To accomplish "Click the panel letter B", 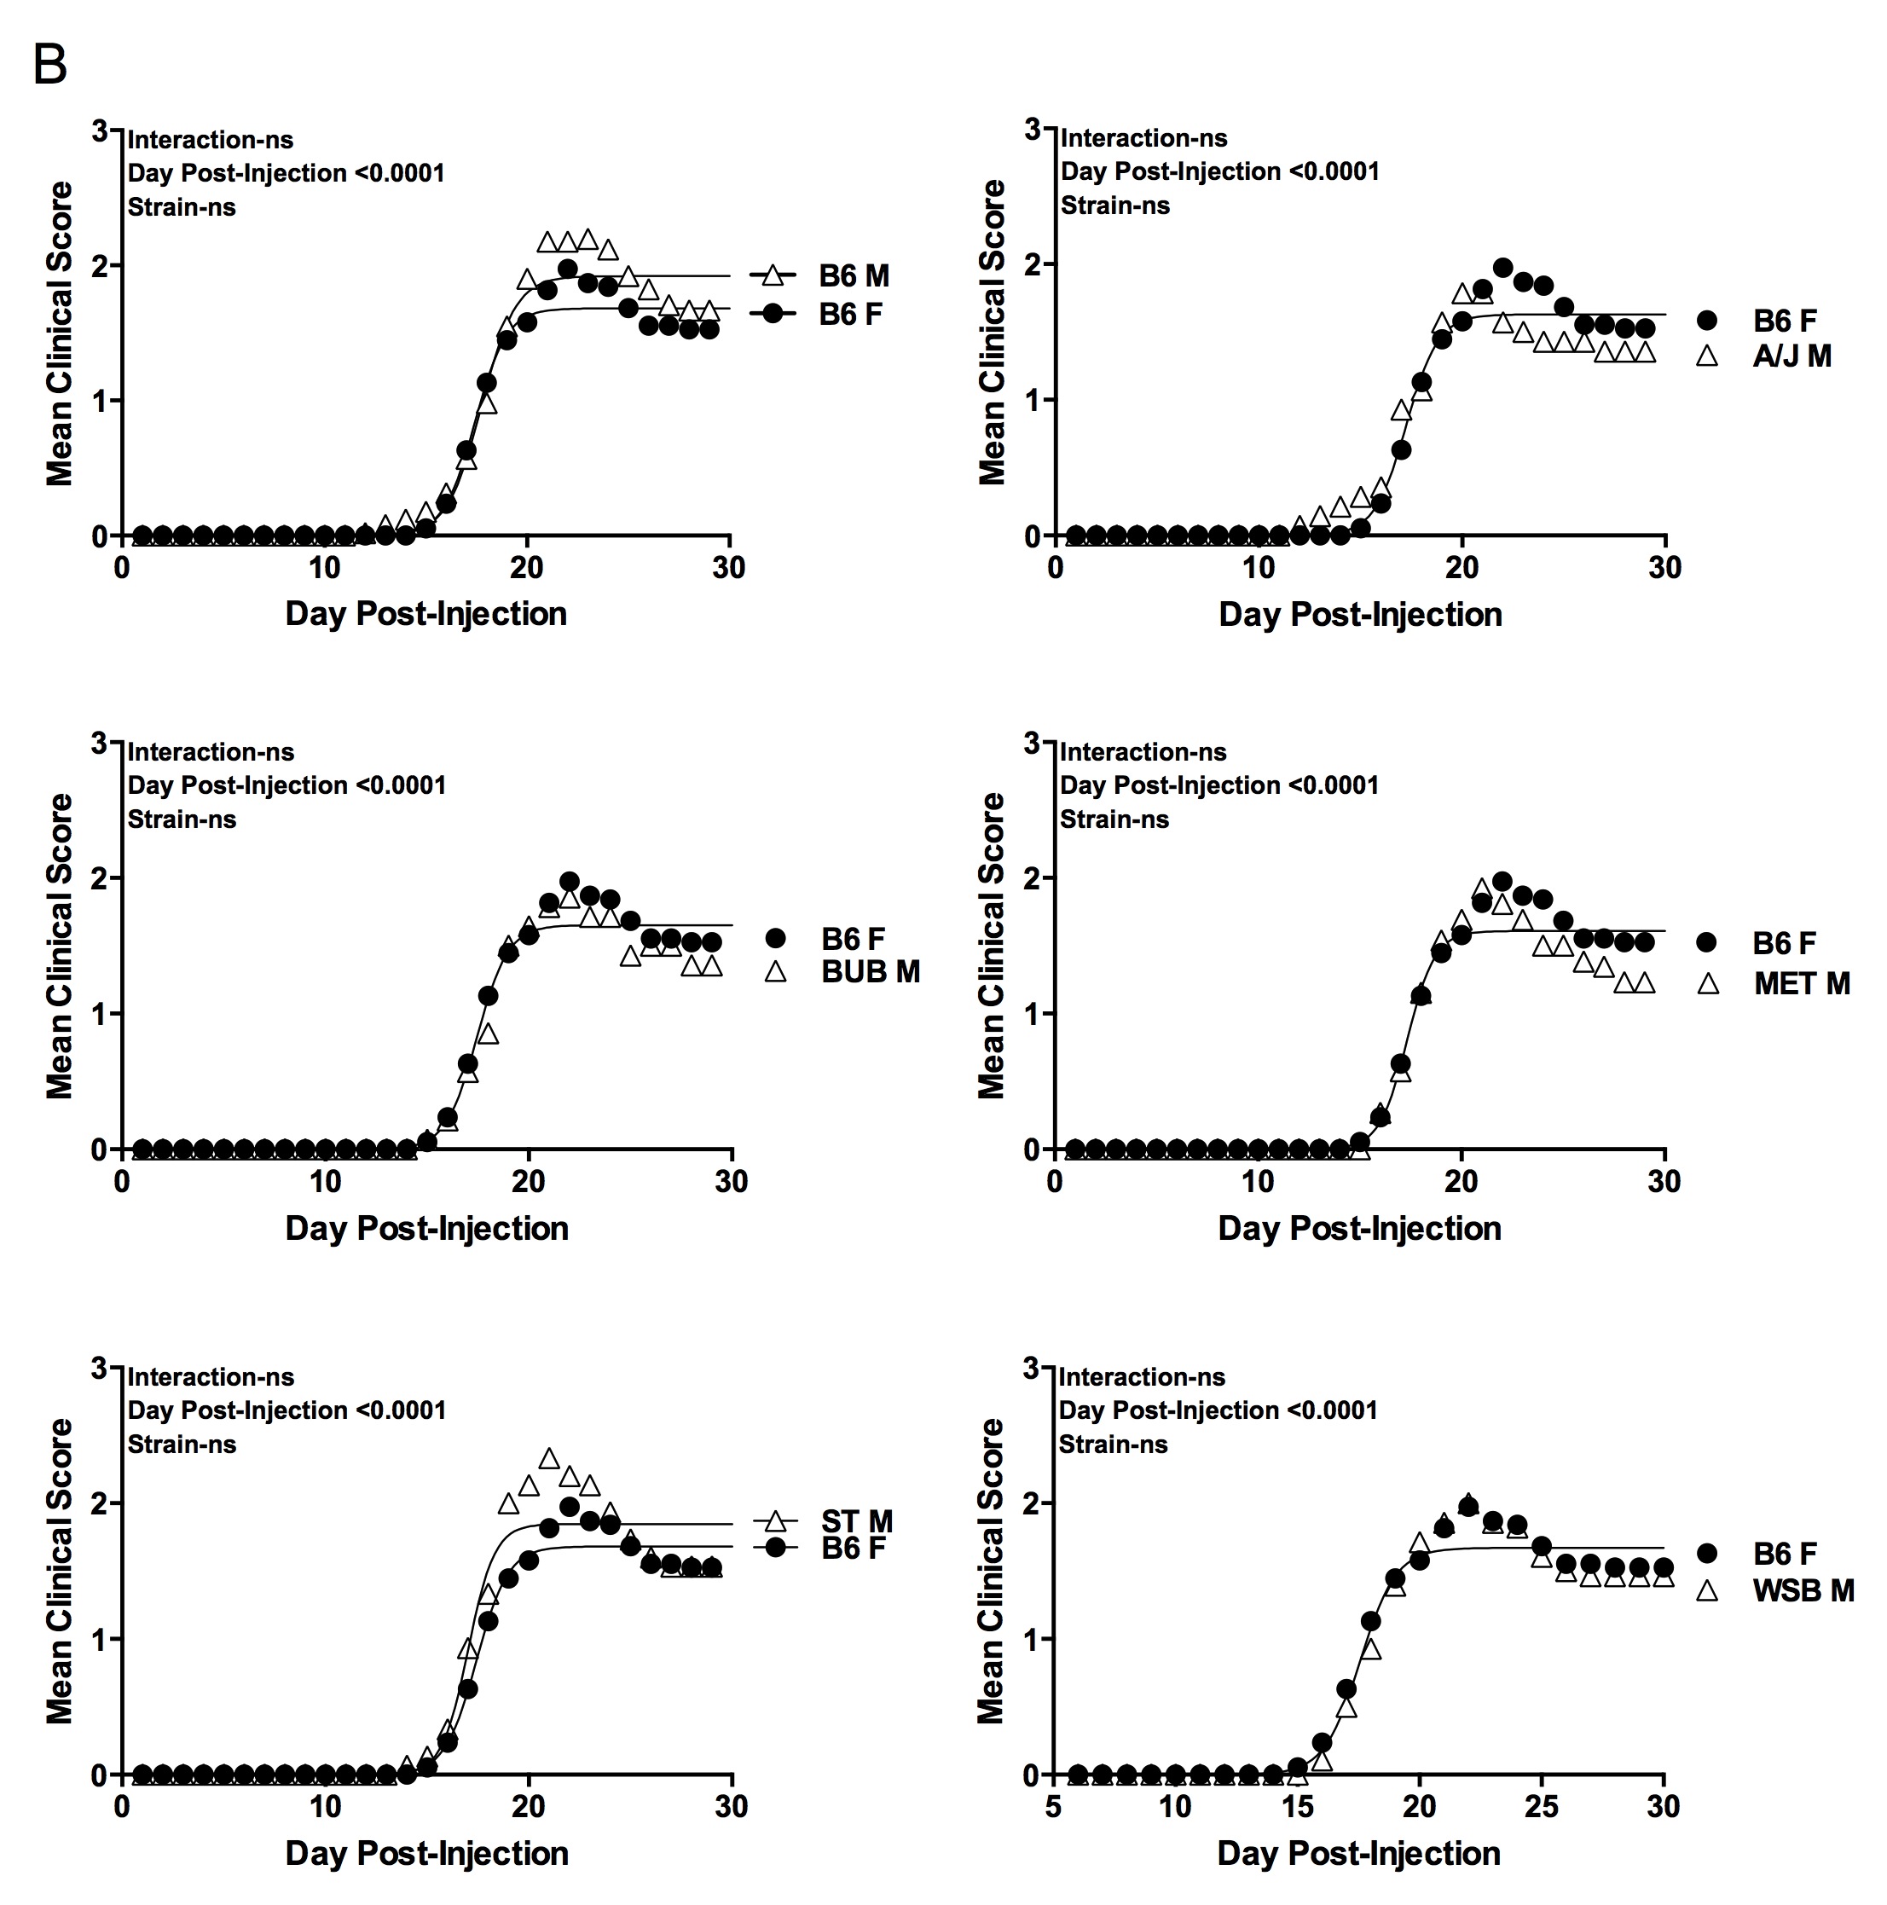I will tap(50, 66).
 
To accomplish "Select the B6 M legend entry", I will tap(853, 276).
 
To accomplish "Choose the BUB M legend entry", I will tap(870, 972).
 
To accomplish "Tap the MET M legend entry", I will tap(1801, 983).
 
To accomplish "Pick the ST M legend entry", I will tap(856, 1521).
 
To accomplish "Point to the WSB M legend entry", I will tap(1803, 1590).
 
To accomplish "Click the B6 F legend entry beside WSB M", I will tap(1784, 1554).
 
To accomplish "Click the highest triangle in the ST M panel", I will tap(549, 1458).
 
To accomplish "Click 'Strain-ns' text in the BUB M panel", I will tap(182, 819).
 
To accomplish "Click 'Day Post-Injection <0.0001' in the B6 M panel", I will tap(286, 174).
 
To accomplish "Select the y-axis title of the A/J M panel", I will tap(991, 333).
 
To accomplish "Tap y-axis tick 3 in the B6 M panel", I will tap(100, 130).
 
